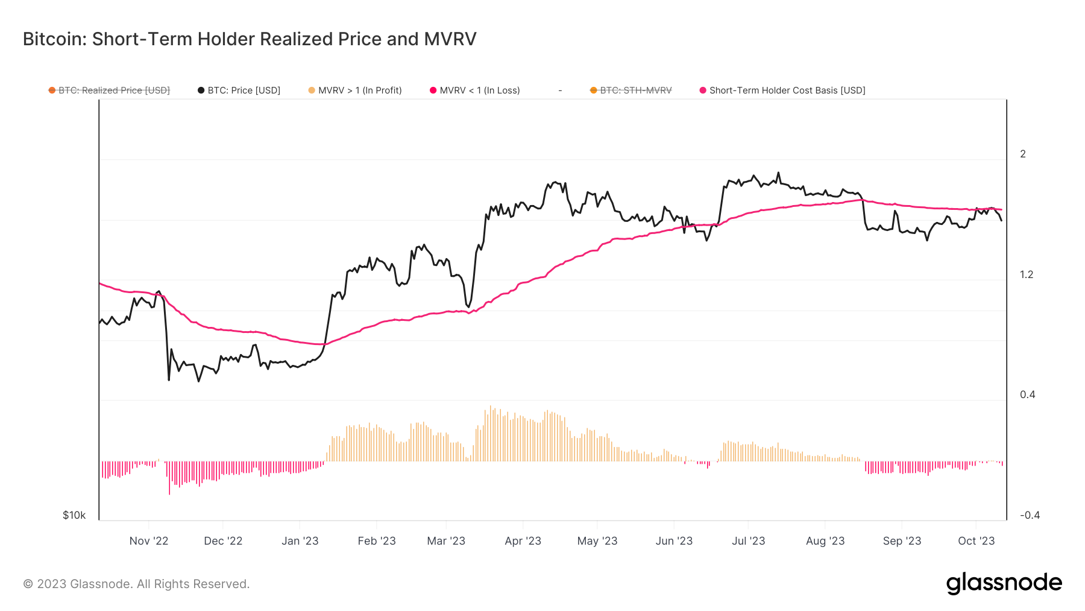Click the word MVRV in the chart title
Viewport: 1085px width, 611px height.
tap(450, 39)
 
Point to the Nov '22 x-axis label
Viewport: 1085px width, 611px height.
tap(149, 541)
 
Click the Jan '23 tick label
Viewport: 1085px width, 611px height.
tap(300, 541)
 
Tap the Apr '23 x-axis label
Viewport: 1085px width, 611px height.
tap(523, 541)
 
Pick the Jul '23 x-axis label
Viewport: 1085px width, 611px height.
tap(748, 541)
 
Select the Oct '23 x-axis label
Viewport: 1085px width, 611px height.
tap(976, 541)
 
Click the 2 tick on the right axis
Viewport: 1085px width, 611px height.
tap(1023, 154)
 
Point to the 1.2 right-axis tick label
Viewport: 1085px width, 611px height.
tap(1026, 275)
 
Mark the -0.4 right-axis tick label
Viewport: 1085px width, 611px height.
tap(1030, 515)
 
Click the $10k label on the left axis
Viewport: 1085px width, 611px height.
tap(74, 515)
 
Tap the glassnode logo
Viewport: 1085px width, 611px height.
tap(1004, 583)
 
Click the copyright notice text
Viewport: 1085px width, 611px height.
tap(136, 584)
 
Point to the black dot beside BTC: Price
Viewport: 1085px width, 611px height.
tap(201, 90)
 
